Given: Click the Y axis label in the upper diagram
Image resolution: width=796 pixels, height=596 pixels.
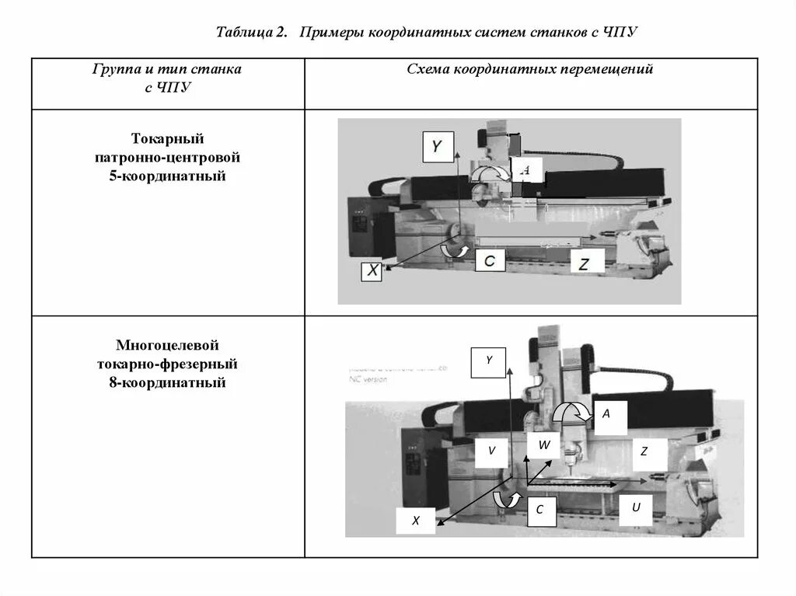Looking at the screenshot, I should point(438,146).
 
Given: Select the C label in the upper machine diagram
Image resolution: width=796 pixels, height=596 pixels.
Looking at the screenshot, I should point(489,261).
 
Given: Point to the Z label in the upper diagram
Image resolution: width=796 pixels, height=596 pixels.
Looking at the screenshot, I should point(585,264).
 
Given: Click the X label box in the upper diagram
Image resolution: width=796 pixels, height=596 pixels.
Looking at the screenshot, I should point(372,270).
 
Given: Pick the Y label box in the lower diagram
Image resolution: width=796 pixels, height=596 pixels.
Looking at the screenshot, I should point(489,361).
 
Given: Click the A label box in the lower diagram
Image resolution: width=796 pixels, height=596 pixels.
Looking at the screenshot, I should point(606,415).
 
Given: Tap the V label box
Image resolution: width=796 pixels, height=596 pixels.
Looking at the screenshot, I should point(491,451).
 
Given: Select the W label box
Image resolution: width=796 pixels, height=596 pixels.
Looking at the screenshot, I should point(543,445).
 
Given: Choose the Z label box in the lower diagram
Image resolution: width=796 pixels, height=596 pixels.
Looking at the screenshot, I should point(644,451).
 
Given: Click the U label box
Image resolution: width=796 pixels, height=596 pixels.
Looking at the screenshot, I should point(635,508).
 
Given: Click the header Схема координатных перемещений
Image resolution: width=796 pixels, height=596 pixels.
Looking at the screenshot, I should point(530,70).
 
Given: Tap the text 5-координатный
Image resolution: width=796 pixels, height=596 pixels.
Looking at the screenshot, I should point(167,176).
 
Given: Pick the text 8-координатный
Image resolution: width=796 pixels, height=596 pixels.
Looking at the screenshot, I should point(167,383).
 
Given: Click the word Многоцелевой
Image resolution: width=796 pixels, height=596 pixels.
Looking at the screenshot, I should point(167,344).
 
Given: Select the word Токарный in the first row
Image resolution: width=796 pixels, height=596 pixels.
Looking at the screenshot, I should point(167,138).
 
